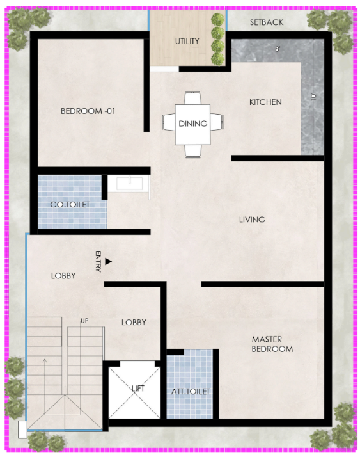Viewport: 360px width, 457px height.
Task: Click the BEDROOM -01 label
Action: click(88, 111)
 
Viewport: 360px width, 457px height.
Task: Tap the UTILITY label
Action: click(187, 42)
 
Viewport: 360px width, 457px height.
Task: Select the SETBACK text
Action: click(267, 22)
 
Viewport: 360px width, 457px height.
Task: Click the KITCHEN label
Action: click(265, 102)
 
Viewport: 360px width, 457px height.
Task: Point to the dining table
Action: click(192, 124)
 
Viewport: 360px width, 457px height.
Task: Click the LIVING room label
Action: click(252, 220)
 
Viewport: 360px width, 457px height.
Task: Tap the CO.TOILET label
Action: click(70, 205)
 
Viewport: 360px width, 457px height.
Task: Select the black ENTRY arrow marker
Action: click(108, 261)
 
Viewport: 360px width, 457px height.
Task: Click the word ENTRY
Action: click(98, 261)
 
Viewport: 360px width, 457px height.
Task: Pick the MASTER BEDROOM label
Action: click(272, 344)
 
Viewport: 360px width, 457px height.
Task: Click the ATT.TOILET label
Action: click(191, 392)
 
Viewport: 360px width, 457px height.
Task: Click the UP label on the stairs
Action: click(84, 321)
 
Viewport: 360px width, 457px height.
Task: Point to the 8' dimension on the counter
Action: click(278, 49)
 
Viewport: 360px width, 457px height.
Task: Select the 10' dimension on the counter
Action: click(313, 97)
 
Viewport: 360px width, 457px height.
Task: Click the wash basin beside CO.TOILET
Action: click(129, 183)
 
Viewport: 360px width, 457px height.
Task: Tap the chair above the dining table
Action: click(192, 98)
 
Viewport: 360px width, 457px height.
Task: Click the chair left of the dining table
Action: click(168, 122)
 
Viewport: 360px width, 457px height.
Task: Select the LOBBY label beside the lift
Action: click(134, 323)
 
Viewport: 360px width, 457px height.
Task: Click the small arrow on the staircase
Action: click(45, 379)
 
